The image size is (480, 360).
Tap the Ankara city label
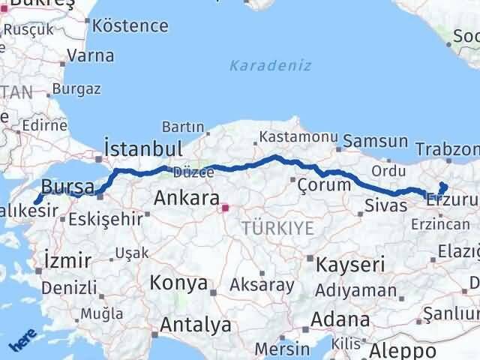(x=186, y=199)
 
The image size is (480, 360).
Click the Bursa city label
(x=68, y=187)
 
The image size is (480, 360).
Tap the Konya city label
(x=178, y=283)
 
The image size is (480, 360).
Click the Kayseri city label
(x=350, y=265)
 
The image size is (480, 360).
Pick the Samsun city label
(x=376, y=141)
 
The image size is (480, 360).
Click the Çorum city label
(x=324, y=184)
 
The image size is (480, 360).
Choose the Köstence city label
(x=132, y=25)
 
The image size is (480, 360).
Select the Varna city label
(x=90, y=55)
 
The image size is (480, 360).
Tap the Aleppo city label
(x=403, y=350)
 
